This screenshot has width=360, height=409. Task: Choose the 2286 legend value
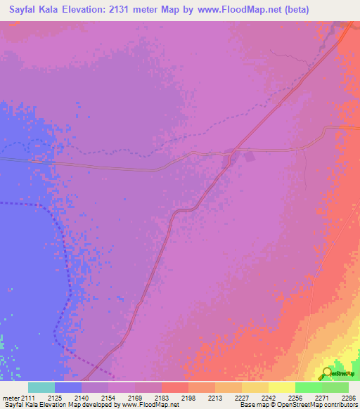tap(349, 398)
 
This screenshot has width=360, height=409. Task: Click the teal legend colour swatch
tap(41, 387)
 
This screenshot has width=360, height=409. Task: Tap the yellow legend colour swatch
tap(282, 387)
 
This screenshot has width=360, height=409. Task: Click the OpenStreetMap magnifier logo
tap(326, 372)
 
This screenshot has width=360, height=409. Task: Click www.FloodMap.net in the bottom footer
tap(150, 405)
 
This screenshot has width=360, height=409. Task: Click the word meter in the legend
tap(11, 398)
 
